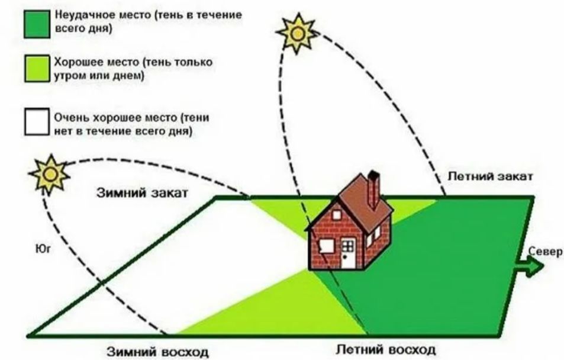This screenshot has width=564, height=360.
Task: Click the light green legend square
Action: (x=37, y=69)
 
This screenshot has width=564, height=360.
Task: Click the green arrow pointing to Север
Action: (x=531, y=267)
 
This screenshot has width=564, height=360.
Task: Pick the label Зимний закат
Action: (x=143, y=192)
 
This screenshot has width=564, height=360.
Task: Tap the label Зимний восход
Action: (x=157, y=352)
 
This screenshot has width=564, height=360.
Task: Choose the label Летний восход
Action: (x=385, y=349)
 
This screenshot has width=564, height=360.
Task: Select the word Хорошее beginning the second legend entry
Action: (x=76, y=62)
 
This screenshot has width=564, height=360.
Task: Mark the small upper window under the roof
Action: (x=337, y=215)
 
